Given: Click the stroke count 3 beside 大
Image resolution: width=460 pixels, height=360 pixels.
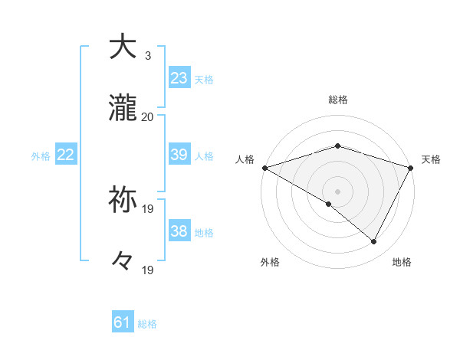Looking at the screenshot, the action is click(148, 55).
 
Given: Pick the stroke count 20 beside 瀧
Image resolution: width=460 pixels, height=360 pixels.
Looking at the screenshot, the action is click(148, 117).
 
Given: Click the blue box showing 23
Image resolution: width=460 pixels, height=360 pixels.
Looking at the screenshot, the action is click(179, 78).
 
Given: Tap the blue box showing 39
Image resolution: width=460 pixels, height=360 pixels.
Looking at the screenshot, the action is click(179, 155).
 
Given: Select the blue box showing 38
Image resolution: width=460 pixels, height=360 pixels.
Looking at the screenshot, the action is click(179, 231).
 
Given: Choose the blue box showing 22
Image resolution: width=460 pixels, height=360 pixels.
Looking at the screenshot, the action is click(66, 155).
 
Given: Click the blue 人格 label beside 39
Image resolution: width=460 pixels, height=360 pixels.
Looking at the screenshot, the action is click(204, 156).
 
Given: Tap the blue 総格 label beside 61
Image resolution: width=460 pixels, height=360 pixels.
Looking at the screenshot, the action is click(147, 324).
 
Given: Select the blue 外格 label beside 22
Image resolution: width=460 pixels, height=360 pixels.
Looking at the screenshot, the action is click(41, 156).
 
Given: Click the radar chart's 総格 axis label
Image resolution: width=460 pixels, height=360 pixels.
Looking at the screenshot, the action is click(338, 100).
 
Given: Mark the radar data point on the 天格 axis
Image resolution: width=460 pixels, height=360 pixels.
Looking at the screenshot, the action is click(411, 168).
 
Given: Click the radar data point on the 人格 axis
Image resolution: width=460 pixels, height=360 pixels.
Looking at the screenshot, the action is click(264, 168).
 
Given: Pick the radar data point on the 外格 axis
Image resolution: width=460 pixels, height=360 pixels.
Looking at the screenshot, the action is click(329, 204).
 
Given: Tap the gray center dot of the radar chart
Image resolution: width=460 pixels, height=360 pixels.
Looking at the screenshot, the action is click(338, 191).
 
